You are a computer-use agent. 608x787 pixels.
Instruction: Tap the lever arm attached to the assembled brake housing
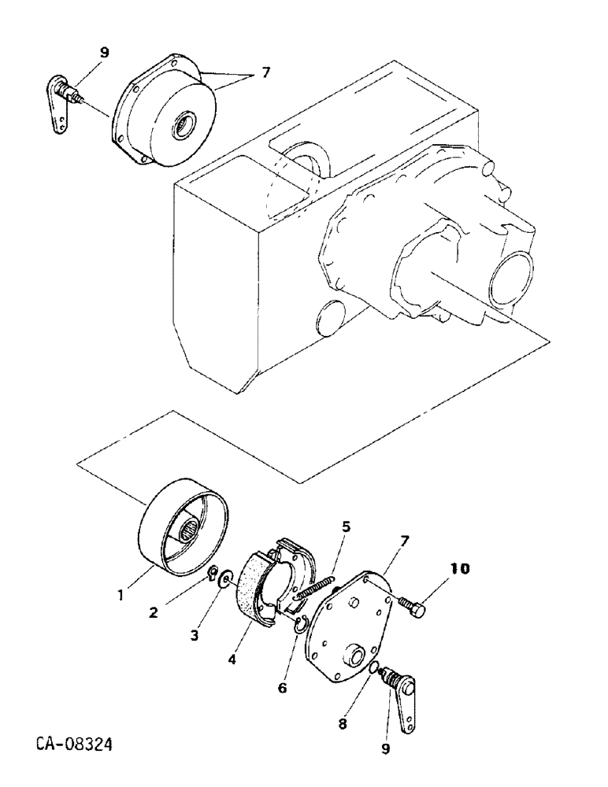[59, 103]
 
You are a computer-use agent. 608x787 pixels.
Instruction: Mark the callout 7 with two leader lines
[265, 72]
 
